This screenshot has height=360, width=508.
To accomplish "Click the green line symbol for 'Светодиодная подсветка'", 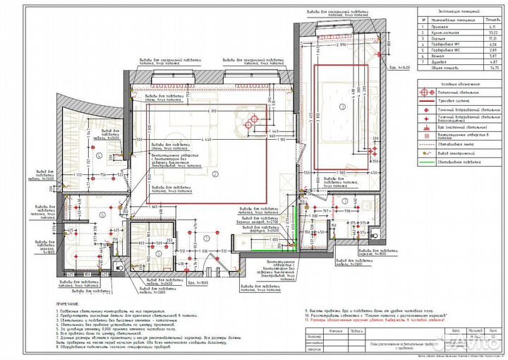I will pos(424,162).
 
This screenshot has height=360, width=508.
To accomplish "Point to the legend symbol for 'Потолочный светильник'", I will pos(424,92).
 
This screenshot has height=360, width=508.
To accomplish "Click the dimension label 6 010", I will pos(212,112).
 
